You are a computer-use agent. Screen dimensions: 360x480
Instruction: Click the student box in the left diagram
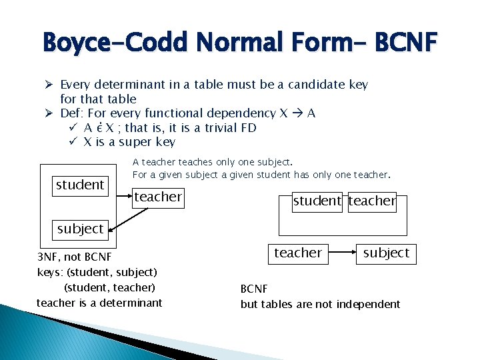80,185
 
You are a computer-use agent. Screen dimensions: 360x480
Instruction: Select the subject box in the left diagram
80,229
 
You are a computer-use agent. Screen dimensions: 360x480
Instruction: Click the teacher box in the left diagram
158,197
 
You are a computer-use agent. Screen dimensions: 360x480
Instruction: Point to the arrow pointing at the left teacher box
124,197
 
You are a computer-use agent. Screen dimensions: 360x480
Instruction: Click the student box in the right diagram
317,201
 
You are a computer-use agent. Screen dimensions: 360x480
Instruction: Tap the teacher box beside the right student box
372,201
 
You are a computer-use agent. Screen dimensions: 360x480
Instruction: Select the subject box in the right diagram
386,253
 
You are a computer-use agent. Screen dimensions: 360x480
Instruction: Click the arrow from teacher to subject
343,253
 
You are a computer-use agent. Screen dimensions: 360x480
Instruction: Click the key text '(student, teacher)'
109,287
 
